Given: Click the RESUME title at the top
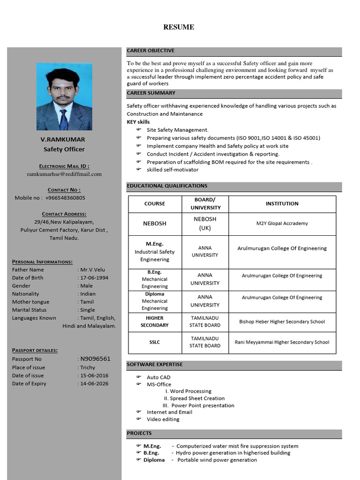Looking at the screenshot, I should [x=179, y=27].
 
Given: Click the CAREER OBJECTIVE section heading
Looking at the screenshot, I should [x=150, y=51].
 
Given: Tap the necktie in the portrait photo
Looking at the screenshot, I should [x=63, y=120].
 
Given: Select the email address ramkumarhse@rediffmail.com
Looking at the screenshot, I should [x=64, y=174].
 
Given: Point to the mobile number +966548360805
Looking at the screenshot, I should [x=65, y=198].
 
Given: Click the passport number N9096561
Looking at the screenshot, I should [x=96, y=359].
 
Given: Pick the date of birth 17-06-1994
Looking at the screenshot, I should [x=94, y=278].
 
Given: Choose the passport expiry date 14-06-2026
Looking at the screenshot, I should [x=94, y=383].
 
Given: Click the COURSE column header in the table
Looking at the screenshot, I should [x=155, y=204].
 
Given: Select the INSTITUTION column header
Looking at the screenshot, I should [x=282, y=204].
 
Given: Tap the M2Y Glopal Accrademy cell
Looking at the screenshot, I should [x=282, y=224].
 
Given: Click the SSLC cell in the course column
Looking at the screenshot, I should [x=155, y=342].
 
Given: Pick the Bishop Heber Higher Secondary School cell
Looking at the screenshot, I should [x=282, y=322].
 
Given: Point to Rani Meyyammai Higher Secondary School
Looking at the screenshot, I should [x=282, y=342].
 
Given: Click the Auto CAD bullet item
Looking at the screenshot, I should [x=158, y=377].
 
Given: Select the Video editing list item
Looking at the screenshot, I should [x=163, y=420].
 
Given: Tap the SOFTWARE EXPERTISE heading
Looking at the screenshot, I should [x=155, y=364].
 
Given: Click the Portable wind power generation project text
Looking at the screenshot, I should [x=217, y=460].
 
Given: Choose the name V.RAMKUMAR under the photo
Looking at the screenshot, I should [x=63, y=140].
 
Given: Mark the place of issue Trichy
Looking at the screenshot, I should [x=88, y=367].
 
